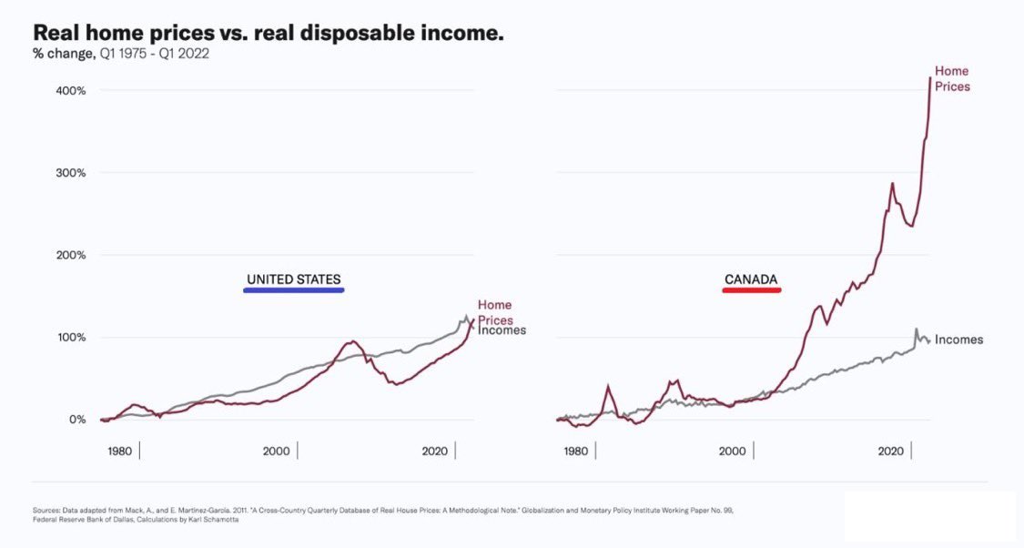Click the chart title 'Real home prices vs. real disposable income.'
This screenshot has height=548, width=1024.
point(269,33)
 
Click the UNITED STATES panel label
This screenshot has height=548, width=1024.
point(293,279)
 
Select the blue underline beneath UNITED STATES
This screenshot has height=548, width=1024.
point(293,290)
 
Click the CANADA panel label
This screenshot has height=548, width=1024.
point(751,279)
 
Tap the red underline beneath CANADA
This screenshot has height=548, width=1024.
point(752,290)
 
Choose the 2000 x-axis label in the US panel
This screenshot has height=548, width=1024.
point(276,451)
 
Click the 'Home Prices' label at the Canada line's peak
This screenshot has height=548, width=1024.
point(952,79)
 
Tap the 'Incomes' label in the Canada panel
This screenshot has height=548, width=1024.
point(958,340)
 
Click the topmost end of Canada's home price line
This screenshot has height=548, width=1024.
point(929,78)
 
